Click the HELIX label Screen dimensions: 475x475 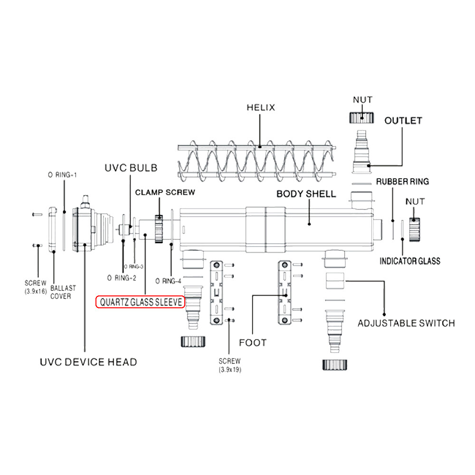[260, 107]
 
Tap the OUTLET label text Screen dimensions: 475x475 [403, 121]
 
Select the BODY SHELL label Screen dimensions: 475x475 [306, 194]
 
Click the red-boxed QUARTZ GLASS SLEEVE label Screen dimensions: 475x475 [140, 302]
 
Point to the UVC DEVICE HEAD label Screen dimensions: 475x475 [88, 362]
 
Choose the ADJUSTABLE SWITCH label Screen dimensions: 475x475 [406, 323]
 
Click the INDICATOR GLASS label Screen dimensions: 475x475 [409, 261]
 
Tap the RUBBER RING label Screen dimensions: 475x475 [402, 181]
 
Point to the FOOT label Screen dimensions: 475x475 [253, 342]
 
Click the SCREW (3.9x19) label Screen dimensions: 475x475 [230, 365]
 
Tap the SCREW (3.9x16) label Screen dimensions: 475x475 [36, 288]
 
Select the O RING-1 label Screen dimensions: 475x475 [62, 175]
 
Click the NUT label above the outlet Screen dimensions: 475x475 [362, 100]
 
